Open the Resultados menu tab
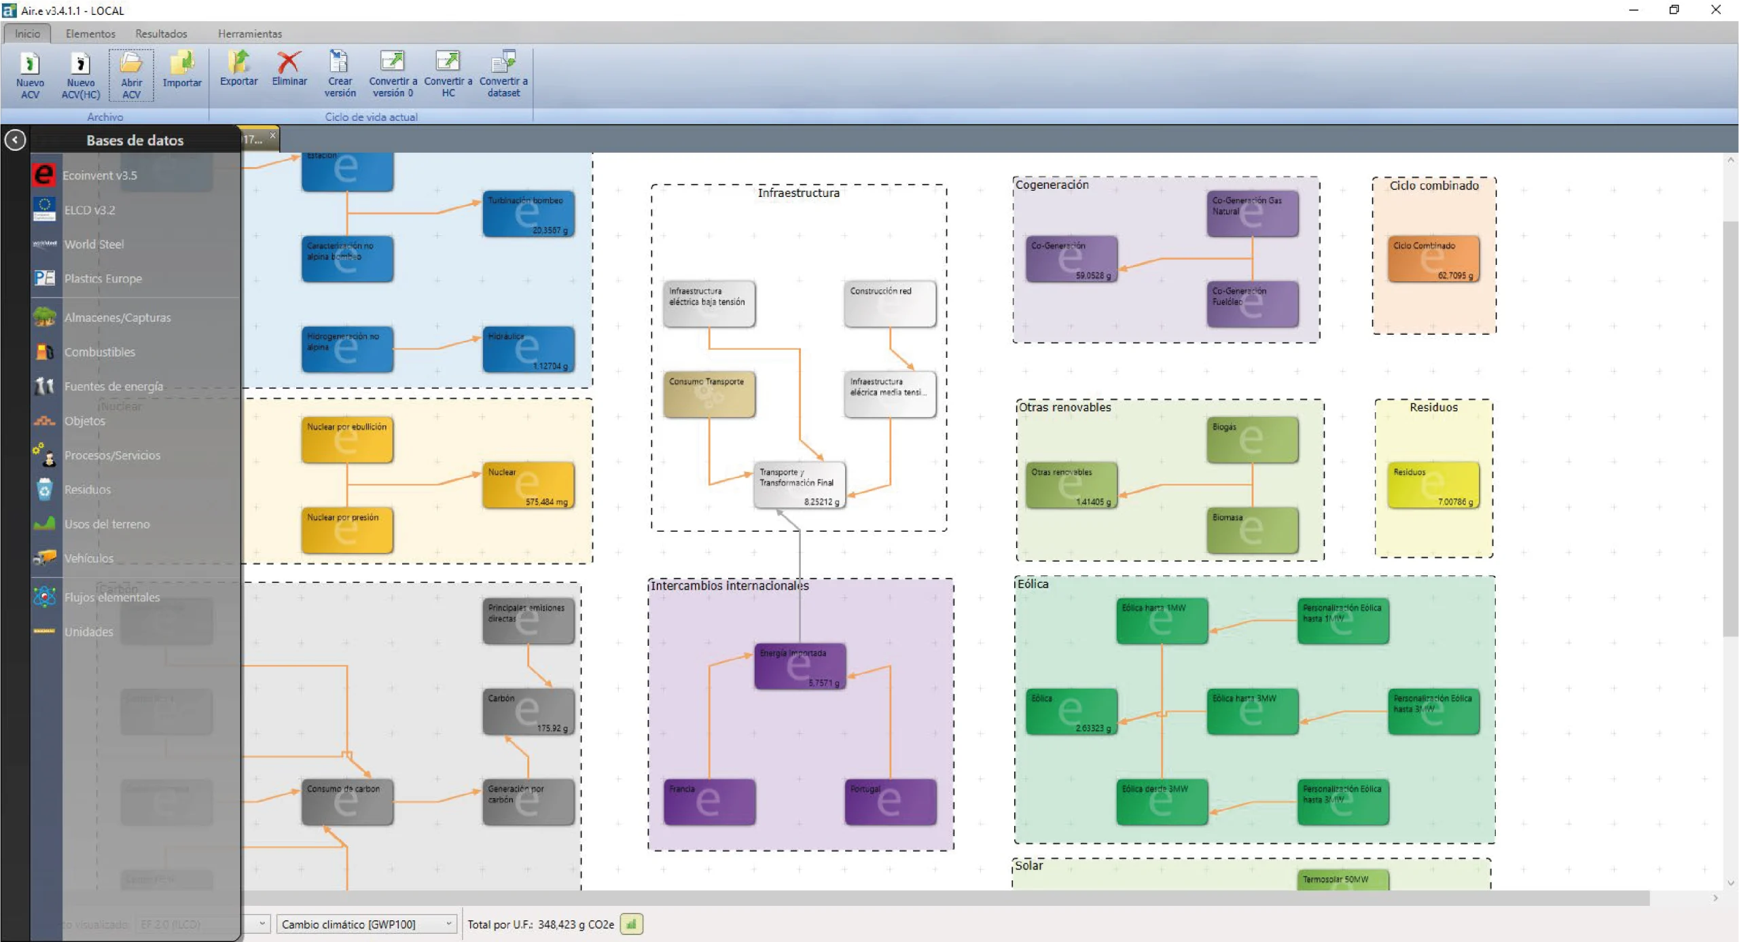[x=161, y=33]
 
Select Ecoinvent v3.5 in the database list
[x=100, y=175]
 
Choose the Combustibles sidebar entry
[x=99, y=352]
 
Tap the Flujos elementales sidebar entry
[x=112, y=597]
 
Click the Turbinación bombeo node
[x=528, y=214]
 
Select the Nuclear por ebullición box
[x=347, y=439]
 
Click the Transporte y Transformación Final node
[x=799, y=485]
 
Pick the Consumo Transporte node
[x=709, y=395]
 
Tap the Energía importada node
[x=800, y=666]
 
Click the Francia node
[x=709, y=802]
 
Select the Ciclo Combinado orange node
[x=1433, y=259]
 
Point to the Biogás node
[x=1252, y=439]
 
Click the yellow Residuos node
[x=1433, y=485]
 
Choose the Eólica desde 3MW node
[x=1162, y=802]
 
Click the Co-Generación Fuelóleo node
[x=1252, y=304]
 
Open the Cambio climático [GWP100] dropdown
[x=366, y=924]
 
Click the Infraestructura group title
[x=798, y=193]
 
